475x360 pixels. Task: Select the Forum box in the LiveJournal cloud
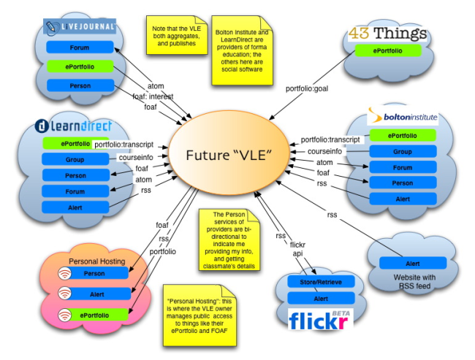(79, 47)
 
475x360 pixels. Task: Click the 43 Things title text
(389, 33)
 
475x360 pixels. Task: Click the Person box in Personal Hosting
(94, 273)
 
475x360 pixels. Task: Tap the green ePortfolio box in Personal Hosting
(94, 315)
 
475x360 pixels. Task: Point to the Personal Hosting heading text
(96, 261)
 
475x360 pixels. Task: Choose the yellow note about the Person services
(230, 236)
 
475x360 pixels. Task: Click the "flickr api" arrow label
(296, 250)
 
